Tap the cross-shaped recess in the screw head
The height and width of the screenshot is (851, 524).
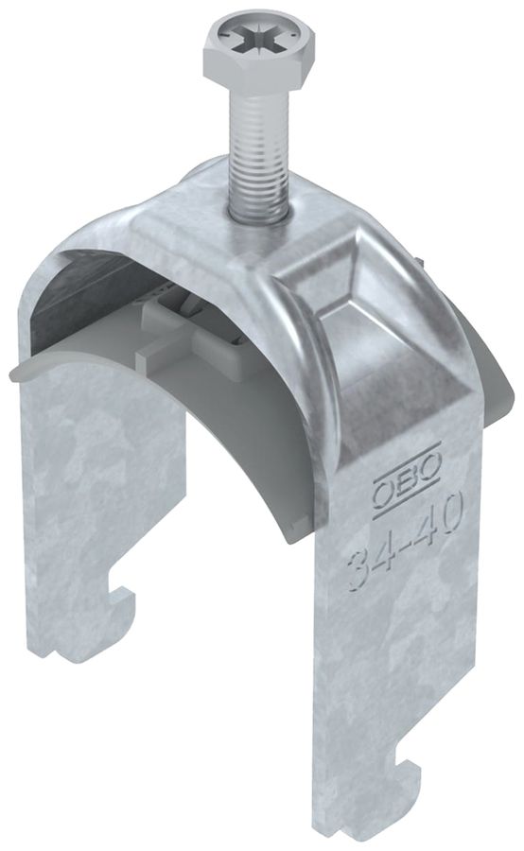tap(248, 43)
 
